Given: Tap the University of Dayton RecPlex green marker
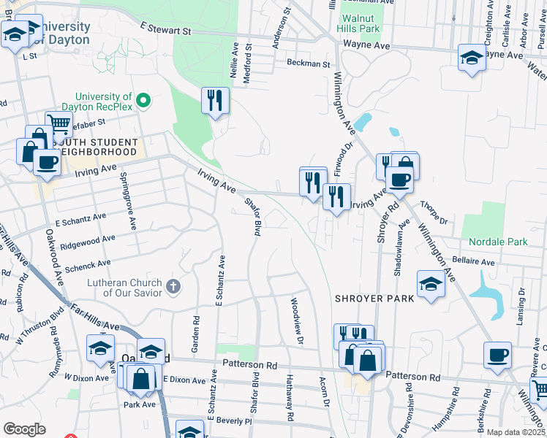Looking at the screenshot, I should tap(144, 101).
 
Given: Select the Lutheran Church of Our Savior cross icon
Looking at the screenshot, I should tap(173, 285).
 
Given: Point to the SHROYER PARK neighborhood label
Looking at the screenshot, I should tap(374, 299).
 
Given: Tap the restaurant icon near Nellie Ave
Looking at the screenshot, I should tap(215, 100).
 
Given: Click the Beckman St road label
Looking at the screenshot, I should tap(309, 64).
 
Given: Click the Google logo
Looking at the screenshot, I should tap(24, 429).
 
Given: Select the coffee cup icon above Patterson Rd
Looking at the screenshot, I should tap(497, 355).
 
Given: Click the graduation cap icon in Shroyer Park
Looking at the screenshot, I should tap(431, 283).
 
